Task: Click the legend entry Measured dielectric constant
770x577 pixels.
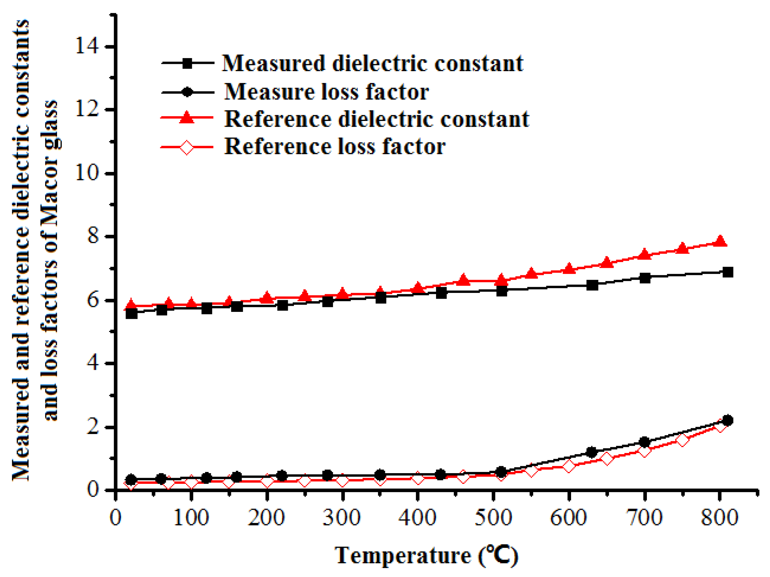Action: (x=372, y=63)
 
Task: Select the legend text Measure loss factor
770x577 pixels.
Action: (x=327, y=92)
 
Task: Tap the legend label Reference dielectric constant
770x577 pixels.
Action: (x=377, y=119)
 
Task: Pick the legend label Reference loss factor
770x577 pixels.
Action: (x=335, y=146)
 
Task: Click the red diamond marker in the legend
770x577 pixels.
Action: (x=187, y=148)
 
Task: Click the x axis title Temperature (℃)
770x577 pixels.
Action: (x=427, y=555)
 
